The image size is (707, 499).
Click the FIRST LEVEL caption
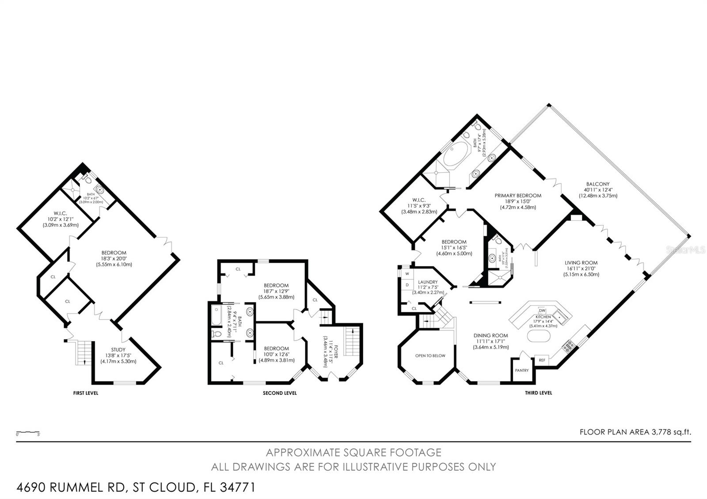[x=86, y=393]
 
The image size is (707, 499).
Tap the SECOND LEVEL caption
[x=280, y=393]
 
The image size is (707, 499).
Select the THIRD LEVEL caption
[x=538, y=393]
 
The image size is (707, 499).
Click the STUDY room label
[x=118, y=349]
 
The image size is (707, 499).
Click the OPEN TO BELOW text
[x=430, y=355]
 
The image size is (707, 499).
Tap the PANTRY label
[x=521, y=370]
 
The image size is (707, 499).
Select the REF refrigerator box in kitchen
[x=542, y=360]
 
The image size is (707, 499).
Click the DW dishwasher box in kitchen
[x=543, y=310]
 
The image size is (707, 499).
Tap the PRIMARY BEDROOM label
[x=517, y=195]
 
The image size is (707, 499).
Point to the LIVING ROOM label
[x=581, y=263]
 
